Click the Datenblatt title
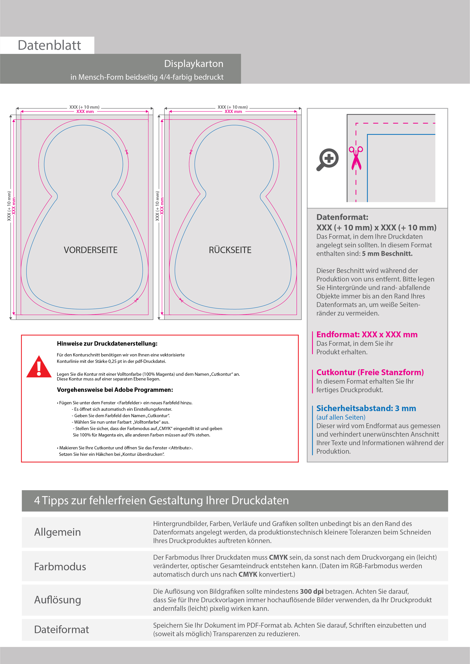[x=49, y=45]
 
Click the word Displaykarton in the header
[x=194, y=64]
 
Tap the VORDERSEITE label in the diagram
[x=91, y=250]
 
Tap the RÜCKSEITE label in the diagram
[x=230, y=250]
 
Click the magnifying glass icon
[x=328, y=159]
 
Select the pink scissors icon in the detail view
[x=356, y=158]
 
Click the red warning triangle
[x=39, y=367]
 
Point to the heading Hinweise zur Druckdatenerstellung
[x=107, y=344]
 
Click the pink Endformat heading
[x=367, y=335]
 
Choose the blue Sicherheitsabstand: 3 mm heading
[x=366, y=408]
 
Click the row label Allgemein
[x=58, y=532]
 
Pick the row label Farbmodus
[x=60, y=567]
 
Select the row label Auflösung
[x=58, y=600]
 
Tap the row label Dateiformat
[x=61, y=630]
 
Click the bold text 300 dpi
[x=312, y=592]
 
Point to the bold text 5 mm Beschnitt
[x=387, y=254]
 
